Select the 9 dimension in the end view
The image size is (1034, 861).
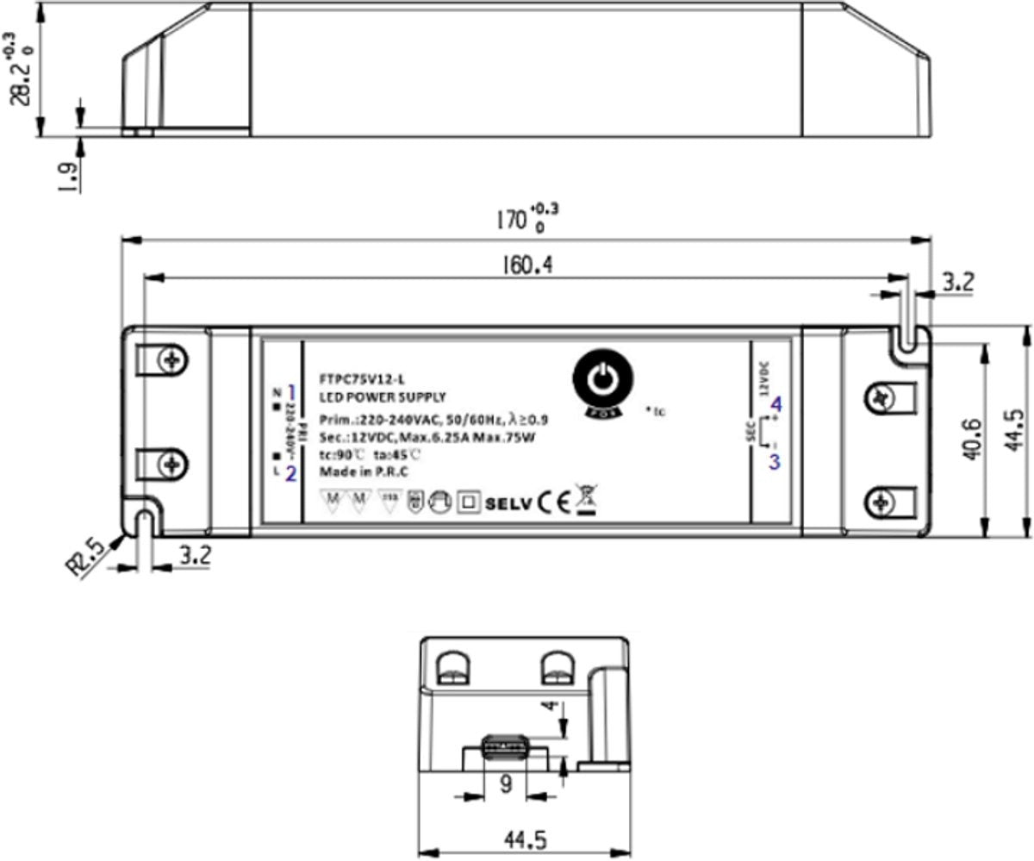point(507,785)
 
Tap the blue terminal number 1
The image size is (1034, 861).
point(291,390)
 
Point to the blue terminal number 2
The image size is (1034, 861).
point(291,472)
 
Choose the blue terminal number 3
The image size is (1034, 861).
point(774,461)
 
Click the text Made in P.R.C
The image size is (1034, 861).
point(363,471)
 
